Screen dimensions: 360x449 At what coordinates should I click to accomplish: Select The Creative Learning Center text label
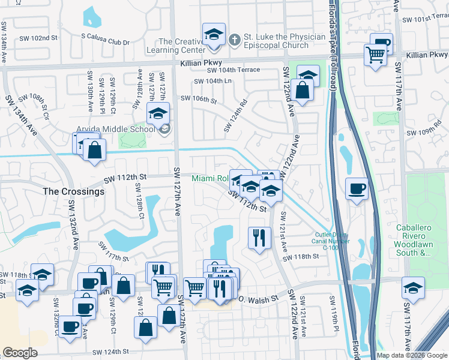[190, 46]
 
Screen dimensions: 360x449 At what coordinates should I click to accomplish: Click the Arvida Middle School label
[115, 128]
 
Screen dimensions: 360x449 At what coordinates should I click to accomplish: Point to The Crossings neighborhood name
[74, 191]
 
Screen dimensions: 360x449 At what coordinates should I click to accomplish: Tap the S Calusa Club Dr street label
[106, 43]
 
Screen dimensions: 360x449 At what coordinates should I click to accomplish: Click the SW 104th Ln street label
[213, 82]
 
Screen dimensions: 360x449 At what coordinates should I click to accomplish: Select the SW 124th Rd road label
[236, 116]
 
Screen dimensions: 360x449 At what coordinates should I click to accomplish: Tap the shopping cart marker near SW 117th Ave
[375, 55]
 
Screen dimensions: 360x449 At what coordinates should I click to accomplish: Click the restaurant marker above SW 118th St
[259, 237]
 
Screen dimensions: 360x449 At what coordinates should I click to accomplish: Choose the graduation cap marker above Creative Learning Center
[213, 35]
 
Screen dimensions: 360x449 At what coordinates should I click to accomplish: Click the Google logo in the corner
[20, 353]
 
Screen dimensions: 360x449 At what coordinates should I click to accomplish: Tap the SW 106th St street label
[197, 99]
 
